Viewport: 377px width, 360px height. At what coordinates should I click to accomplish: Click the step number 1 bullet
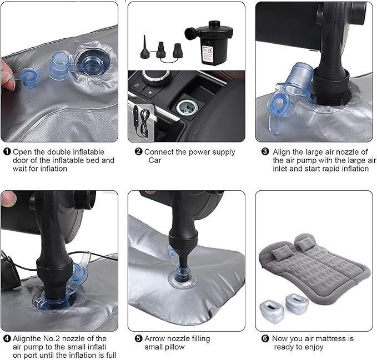tap(7, 151)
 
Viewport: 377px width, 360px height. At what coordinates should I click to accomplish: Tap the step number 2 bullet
tap(138, 151)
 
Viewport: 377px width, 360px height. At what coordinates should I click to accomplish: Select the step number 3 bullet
tap(265, 151)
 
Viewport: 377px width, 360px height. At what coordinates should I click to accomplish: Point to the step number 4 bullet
tap(7, 338)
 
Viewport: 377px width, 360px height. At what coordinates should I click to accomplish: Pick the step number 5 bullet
tap(138, 338)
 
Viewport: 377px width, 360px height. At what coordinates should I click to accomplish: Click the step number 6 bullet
tap(265, 338)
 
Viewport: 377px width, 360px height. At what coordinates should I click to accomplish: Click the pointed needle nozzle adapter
tap(145, 48)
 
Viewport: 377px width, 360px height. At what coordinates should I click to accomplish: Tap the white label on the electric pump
tap(207, 55)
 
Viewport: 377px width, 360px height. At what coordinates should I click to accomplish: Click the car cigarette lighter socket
tap(187, 108)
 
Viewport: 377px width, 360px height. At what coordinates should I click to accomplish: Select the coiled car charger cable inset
tap(140, 123)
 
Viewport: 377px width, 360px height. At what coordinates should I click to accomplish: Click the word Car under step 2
tap(154, 160)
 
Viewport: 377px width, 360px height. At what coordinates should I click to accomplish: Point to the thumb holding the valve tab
tap(7, 75)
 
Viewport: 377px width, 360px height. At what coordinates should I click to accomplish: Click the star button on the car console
tap(150, 92)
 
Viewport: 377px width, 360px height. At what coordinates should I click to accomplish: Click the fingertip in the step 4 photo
tap(8, 199)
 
